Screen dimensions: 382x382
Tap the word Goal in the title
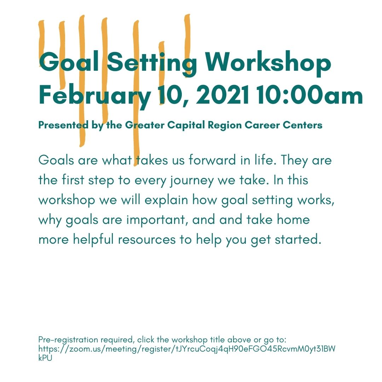tap(69, 61)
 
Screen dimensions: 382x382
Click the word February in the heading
tap(95, 95)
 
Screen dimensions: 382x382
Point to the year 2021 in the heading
tap(222, 95)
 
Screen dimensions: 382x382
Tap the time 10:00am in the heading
tap(309, 95)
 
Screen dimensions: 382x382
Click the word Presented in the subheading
tap(63, 125)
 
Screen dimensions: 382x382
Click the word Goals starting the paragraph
tap(56, 160)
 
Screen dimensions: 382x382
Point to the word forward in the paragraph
tap(212, 160)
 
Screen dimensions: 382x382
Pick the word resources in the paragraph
tap(147, 239)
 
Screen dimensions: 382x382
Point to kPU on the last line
tap(45, 358)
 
